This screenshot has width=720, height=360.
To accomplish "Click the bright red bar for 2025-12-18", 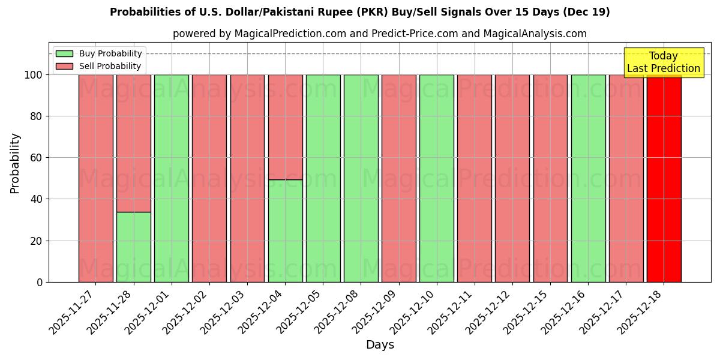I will tap(664, 178).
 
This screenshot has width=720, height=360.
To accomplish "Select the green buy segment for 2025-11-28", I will tap(134, 247).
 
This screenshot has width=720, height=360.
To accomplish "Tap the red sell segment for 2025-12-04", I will tap(285, 127).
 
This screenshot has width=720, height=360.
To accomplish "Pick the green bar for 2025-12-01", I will tap(172, 178).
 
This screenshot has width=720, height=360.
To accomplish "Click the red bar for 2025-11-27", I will tap(96, 178).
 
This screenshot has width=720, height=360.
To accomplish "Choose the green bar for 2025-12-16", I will tap(588, 178).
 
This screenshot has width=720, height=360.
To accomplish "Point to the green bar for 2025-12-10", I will tap(437, 178).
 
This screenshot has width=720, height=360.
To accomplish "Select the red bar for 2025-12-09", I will tap(399, 178).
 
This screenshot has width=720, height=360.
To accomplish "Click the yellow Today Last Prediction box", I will tap(664, 62).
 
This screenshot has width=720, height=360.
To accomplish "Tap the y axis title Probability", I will tap(15, 163).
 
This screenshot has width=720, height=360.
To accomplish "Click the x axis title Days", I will tap(380, 345).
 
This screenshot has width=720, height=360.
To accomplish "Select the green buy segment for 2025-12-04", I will tap(285, 230).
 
